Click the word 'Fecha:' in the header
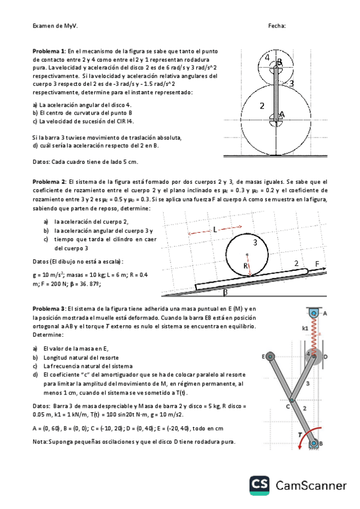coord(277,26)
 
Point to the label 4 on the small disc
coord(267,58)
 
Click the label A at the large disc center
coord(282,113)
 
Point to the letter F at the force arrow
coord(317,264)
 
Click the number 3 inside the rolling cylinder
coord(255,242)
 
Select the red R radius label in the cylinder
coord(245,265)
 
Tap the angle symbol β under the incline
coord(225,294)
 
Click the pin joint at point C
coord(290,400)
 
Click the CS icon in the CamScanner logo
coord(259,485)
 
